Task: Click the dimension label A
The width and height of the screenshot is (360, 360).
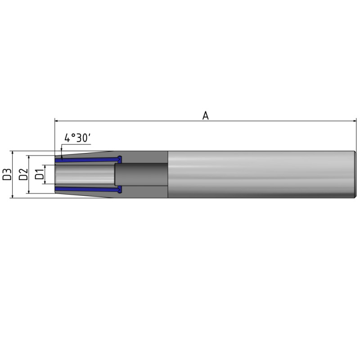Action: (206, 116)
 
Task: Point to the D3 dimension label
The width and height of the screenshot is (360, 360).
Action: (7, 175)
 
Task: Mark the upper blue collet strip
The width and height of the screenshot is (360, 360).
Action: (85, 159)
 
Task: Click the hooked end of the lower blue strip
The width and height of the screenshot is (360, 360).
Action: (120, 189)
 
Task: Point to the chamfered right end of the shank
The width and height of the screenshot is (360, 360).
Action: (355, 174)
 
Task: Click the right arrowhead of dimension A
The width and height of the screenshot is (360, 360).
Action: (354, 121)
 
